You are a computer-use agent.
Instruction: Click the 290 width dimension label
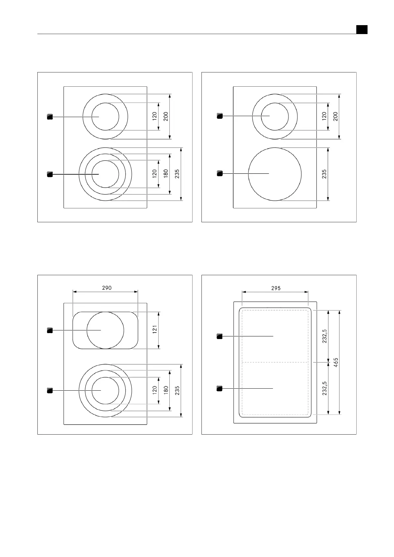(x=107, y=288)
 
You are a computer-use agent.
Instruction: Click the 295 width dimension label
(x=276, y=288)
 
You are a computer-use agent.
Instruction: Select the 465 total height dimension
(x=336, y=363)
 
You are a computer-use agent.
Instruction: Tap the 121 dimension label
(x=155, y=329)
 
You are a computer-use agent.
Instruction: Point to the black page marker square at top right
(x=362, y=29)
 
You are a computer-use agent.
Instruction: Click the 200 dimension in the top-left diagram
(x=166, y=116)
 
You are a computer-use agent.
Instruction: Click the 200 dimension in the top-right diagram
(x=335, y=116)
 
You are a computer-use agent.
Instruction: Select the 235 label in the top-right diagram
(x=324, y=174)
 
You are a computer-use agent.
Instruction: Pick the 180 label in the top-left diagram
(x=166, y=174)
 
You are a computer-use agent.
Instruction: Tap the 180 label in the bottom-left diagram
(x=166, y=390)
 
